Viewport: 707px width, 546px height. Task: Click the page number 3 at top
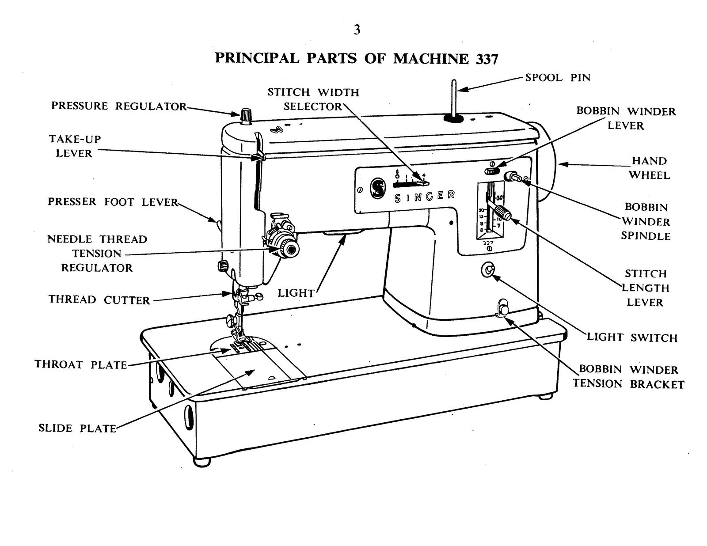[x=357, y=30]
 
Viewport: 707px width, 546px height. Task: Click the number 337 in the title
[x=487, y=59]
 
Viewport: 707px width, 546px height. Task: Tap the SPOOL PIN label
[x=558, y=78]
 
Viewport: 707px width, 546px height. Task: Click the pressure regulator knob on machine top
[x=246, y=115]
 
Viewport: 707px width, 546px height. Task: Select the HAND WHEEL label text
[x=649, y=168]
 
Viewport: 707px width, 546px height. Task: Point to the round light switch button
[x=489, y=270]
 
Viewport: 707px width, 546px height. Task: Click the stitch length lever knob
[x=502, y=212]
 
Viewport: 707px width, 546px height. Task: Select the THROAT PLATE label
[x=81, y=365]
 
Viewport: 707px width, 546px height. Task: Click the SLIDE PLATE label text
[x=77, y=428]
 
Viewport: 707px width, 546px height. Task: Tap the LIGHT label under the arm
[x=296, y=293]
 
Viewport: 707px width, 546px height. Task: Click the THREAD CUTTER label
[x=99, y=300]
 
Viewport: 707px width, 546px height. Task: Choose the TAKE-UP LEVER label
[x=75, y=146]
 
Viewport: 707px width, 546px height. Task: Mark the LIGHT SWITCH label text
[x=632, y=338]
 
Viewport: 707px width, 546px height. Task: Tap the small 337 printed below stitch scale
[x=488, y=243]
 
